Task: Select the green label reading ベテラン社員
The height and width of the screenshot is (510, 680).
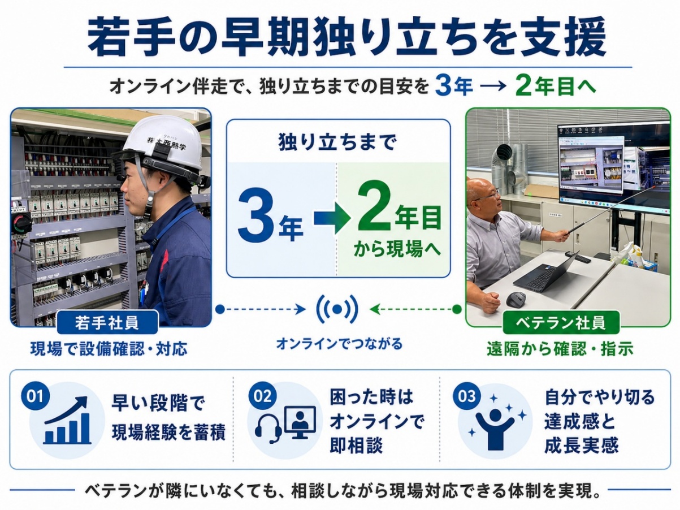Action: [561, 323]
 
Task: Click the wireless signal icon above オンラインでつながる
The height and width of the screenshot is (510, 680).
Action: [337, 309]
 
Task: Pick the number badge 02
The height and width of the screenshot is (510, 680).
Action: [263, 396]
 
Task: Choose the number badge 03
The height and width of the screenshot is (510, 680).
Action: [467, 396]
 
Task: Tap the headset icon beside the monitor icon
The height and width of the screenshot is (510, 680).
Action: [268, 428]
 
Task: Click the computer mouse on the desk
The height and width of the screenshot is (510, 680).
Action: [516, 300]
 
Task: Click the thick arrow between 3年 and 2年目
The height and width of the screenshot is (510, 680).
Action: [332, 218]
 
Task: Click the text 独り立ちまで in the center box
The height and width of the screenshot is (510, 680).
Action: [337, 142]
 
